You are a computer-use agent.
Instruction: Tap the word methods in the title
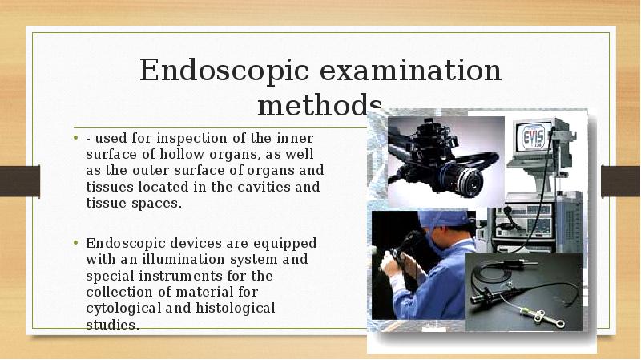point(319,105)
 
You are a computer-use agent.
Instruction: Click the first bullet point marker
point(76,138)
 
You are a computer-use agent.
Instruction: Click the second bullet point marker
point(76,243)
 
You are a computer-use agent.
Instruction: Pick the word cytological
point(123,308)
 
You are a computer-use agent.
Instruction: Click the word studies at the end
point(112,325)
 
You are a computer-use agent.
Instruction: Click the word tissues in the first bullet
point(107,187)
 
